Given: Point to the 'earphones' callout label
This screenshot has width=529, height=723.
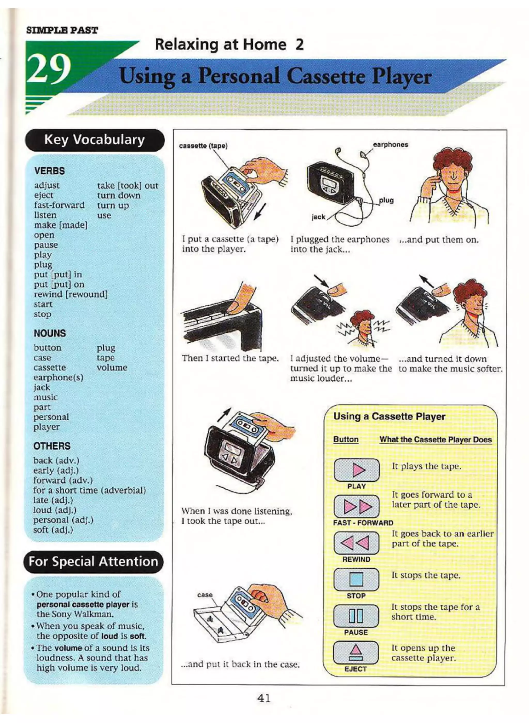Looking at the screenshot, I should point(390,144).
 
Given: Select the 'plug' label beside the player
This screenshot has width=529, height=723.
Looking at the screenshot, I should point(386,200).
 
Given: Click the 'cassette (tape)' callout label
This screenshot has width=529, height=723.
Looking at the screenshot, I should point(203,146).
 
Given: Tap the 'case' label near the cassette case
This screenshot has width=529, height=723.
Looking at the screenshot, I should point(205,595).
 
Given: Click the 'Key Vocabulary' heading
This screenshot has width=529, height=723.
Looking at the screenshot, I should point(95,140).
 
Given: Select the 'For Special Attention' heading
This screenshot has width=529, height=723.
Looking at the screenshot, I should point(93,562).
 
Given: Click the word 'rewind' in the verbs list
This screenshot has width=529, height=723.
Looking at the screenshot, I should point(48,294).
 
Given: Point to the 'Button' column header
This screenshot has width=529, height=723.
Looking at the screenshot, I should point(346,439).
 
